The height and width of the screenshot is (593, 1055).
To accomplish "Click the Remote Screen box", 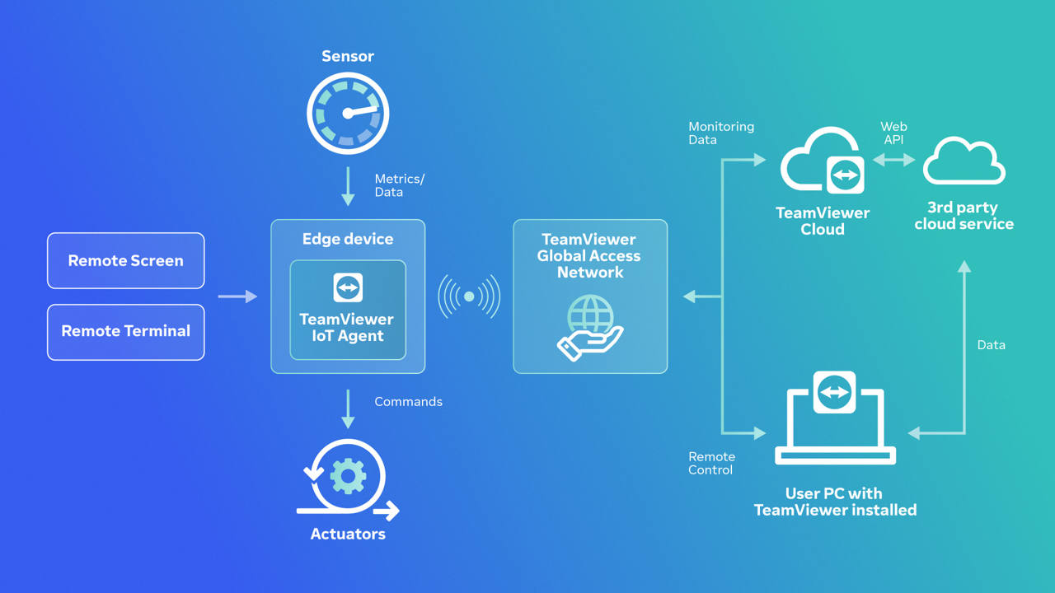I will (x=125, y=260).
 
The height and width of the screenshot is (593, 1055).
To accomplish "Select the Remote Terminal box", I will (x=125, y=331).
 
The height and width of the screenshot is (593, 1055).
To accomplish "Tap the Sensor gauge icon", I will (x=348, y=114).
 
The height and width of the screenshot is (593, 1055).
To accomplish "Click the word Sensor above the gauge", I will (x=348, y=56).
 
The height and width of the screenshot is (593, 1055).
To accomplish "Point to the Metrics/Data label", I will (x=399, y=185).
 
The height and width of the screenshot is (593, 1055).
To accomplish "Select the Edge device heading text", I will (x=348, y=239).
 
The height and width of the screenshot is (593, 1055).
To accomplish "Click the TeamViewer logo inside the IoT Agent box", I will (x=348, y=287).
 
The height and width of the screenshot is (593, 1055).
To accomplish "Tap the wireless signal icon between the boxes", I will (x=469, y=296).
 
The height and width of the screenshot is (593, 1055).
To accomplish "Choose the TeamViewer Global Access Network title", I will (x=590, y=255).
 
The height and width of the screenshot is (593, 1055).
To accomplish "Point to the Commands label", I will (x=408, y=402).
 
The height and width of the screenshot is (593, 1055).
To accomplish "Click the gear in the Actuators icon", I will (x=348, y=476).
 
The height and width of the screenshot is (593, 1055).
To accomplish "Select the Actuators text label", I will (x=348, y=534).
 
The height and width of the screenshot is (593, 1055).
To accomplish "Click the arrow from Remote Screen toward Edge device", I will (x=237, y=296).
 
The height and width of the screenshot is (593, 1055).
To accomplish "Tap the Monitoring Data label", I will (x=721, y=133).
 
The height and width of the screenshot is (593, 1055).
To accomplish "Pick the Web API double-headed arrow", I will (x=894, y=161).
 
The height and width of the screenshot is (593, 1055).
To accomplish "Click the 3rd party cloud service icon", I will (x=964, y=162).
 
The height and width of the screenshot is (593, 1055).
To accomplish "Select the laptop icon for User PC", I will (x=835, y=420).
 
